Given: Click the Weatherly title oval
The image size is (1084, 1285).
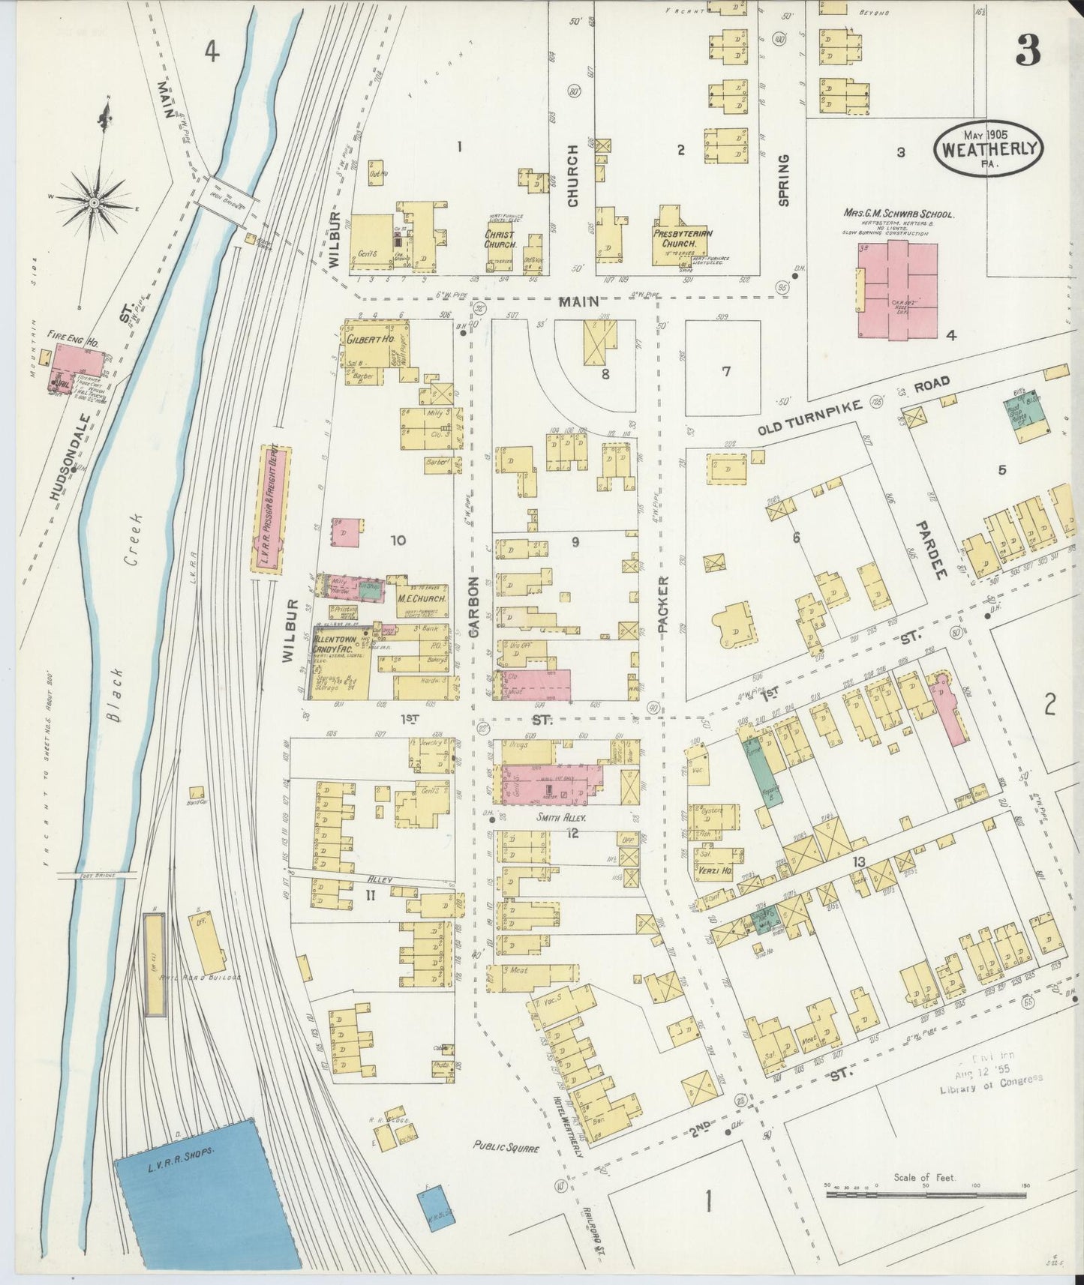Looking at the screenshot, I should click(x=989, y=148).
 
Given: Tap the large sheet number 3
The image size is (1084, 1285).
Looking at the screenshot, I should click(x=1027, y=52).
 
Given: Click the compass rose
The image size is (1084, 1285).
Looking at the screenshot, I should click(x=95, y=201).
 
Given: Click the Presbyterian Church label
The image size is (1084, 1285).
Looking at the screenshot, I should click(x=681, y=238).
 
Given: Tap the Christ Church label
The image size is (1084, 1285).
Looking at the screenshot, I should click(x=499, y=239).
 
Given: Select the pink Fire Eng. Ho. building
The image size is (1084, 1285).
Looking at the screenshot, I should click(x=77, y=364).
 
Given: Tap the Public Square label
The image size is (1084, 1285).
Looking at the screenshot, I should click(x=506, y=1146).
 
